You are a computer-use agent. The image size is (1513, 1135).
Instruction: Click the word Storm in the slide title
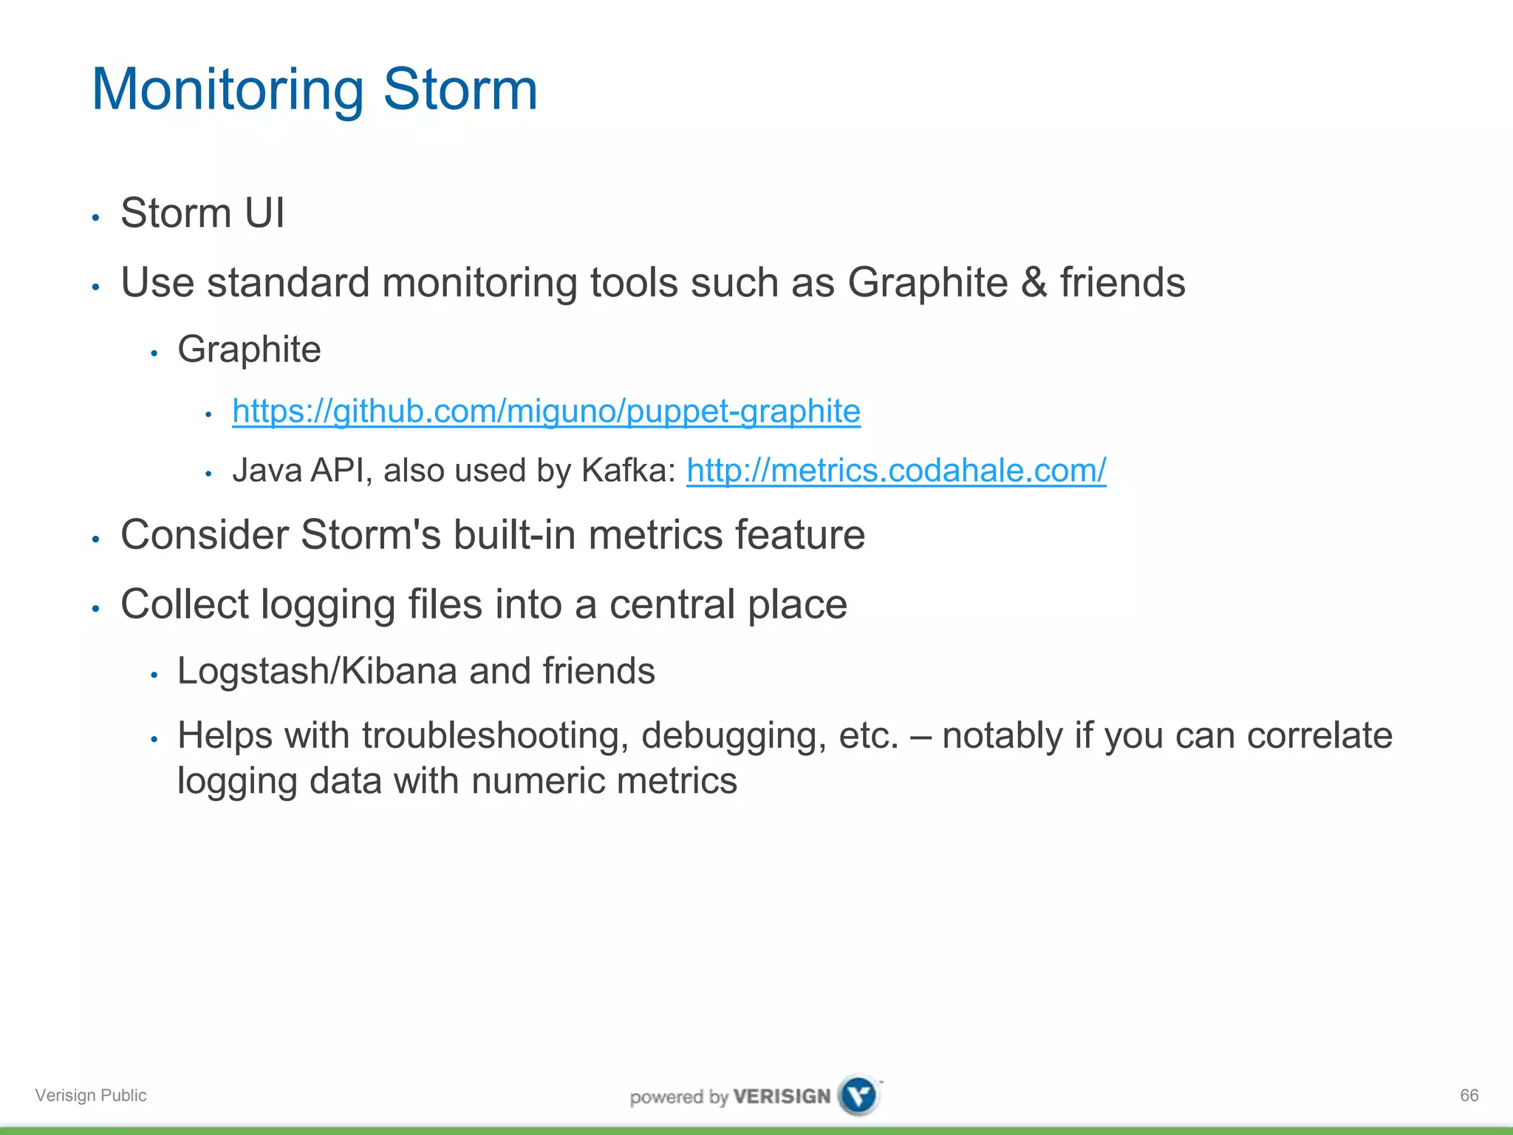(x=460, y=90)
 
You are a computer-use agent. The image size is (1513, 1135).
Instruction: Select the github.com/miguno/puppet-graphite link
(x=546, y=412)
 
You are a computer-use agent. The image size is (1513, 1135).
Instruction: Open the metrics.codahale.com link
(x=895, y=471)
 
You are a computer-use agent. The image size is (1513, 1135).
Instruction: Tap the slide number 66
(x=1469, y=1095)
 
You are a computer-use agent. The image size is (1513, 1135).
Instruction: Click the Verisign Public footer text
(x=91, y=1095)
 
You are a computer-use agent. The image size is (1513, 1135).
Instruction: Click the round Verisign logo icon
(x=859, y=1095)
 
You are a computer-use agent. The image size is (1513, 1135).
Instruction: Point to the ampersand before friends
(x=1034, y=283)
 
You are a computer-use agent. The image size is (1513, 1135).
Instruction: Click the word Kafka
(x=628, y=471)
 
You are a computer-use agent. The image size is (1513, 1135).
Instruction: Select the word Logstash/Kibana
(x=317, y=671)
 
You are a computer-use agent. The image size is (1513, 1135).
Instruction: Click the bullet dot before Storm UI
(x=95, y=217)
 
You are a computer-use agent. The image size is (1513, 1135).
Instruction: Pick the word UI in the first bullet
(x=264, y=214)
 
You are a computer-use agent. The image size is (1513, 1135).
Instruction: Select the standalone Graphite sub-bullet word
(x=249, y=350)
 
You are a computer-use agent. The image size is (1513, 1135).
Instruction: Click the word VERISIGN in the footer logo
(x=782, y=1097)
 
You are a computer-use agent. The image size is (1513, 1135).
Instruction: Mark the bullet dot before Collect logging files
(x=95, y=609)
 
